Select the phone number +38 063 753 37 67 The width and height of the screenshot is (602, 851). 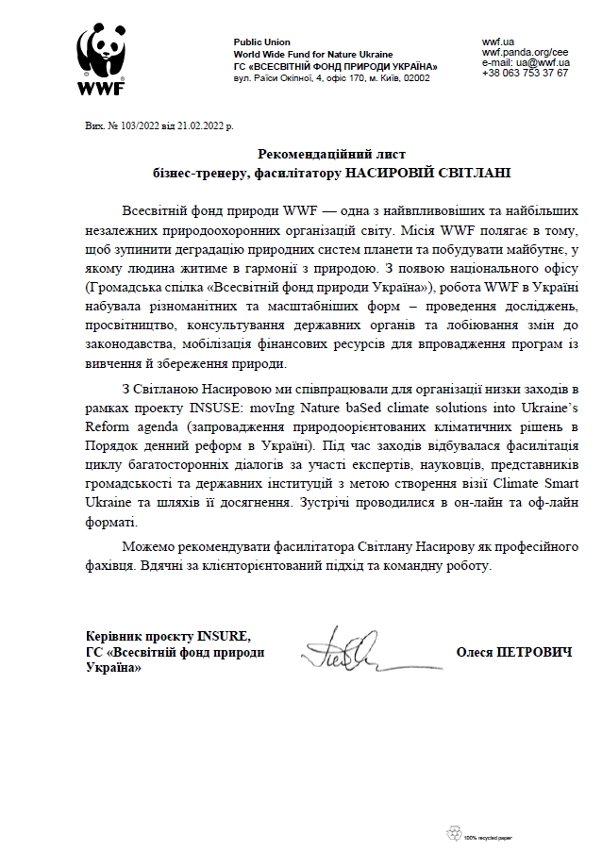click(525, 73)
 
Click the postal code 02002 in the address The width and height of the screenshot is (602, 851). click(415, 78)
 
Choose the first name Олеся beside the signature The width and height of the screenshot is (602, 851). click(475, 652)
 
